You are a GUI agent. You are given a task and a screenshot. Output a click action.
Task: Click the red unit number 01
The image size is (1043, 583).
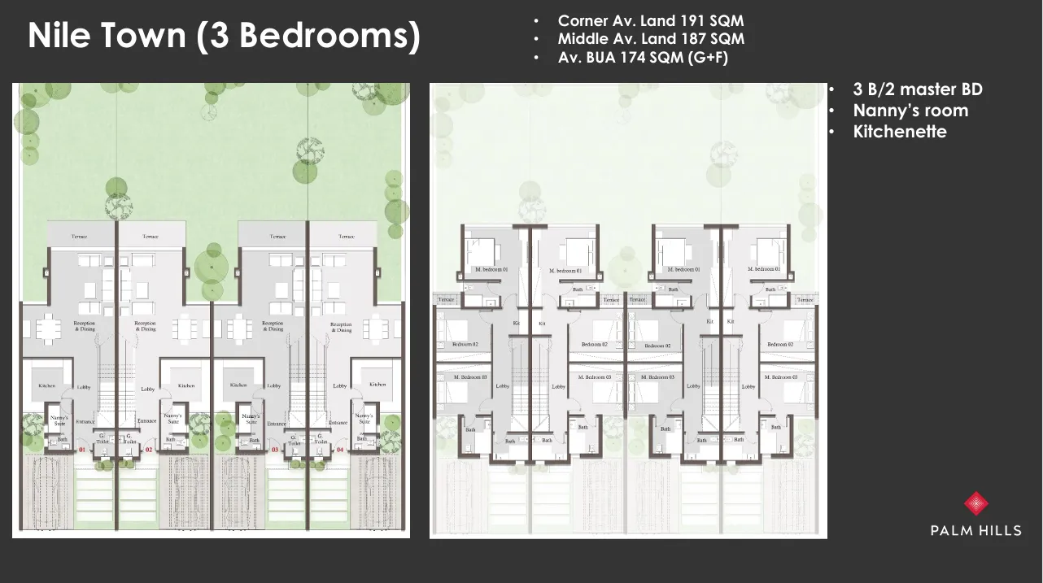pyautogui.click(x=82, y=449)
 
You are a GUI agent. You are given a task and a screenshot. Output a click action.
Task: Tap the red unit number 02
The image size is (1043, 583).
pyautogui.click(x=149, y=449)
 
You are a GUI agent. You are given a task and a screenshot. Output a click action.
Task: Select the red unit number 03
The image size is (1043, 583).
pyautogui.click(x=275, y=449)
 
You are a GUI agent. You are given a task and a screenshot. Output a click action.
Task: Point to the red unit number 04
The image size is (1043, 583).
pyautogui.click(x=340, y=449)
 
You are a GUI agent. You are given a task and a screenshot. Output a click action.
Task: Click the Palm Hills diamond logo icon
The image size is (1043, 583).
pyautogui.click(x=975, y=503)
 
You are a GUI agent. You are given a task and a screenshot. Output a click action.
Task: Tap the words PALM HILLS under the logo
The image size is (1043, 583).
pyautogui.click(x=975, y=531)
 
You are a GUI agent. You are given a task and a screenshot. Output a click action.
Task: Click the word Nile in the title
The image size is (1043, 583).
pyautogui.click(x=55, y=36)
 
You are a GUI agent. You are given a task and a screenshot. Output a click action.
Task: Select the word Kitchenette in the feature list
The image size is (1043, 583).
pyautogui.click(x=900, y=131)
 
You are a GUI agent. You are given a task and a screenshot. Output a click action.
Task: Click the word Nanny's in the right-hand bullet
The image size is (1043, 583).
pyautogui.click(x=881, y=111)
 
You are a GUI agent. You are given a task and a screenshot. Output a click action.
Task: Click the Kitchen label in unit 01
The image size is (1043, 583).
pyautogui.click(x=47, y=385)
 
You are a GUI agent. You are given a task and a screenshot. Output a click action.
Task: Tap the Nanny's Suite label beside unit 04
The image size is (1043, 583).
pyautogui.click(x=364, y=420)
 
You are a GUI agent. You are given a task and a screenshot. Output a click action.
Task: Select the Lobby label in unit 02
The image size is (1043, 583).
pyautogui.click(x=147, y=389)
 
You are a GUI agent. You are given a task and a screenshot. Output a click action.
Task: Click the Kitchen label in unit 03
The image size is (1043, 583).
pyautogui.click(x=238, y=385)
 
